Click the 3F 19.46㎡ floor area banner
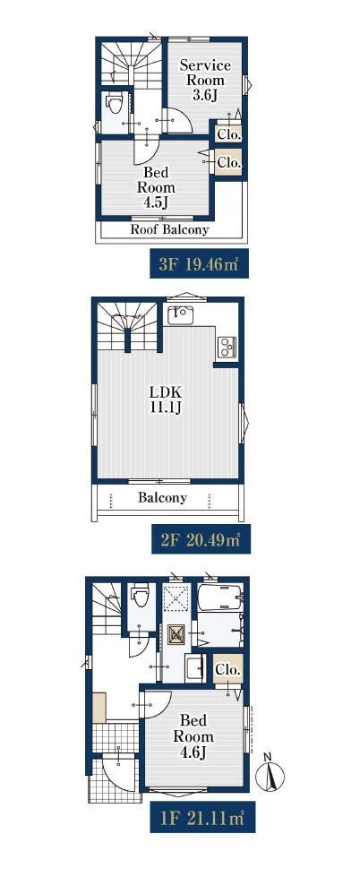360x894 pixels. tap(199, 264)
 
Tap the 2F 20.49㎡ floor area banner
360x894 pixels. tap(201, 539)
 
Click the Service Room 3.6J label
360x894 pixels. tap(205, 81)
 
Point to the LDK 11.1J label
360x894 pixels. tap(165, 400)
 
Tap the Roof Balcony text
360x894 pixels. tap(170, 230)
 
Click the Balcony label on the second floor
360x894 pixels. tap(162, 497)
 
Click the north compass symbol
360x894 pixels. tap(270, 772)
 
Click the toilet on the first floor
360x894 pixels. tap(140, 596)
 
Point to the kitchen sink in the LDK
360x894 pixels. tap(180, 315)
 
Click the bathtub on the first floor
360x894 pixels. tap(220, 597)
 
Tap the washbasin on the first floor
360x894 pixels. tap(195, 668)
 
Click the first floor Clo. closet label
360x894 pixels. tap(227, 670)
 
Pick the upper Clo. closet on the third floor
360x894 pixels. tap(229, 134)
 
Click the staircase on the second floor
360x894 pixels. tap(127, 326)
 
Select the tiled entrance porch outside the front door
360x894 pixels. tap(116, 778)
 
